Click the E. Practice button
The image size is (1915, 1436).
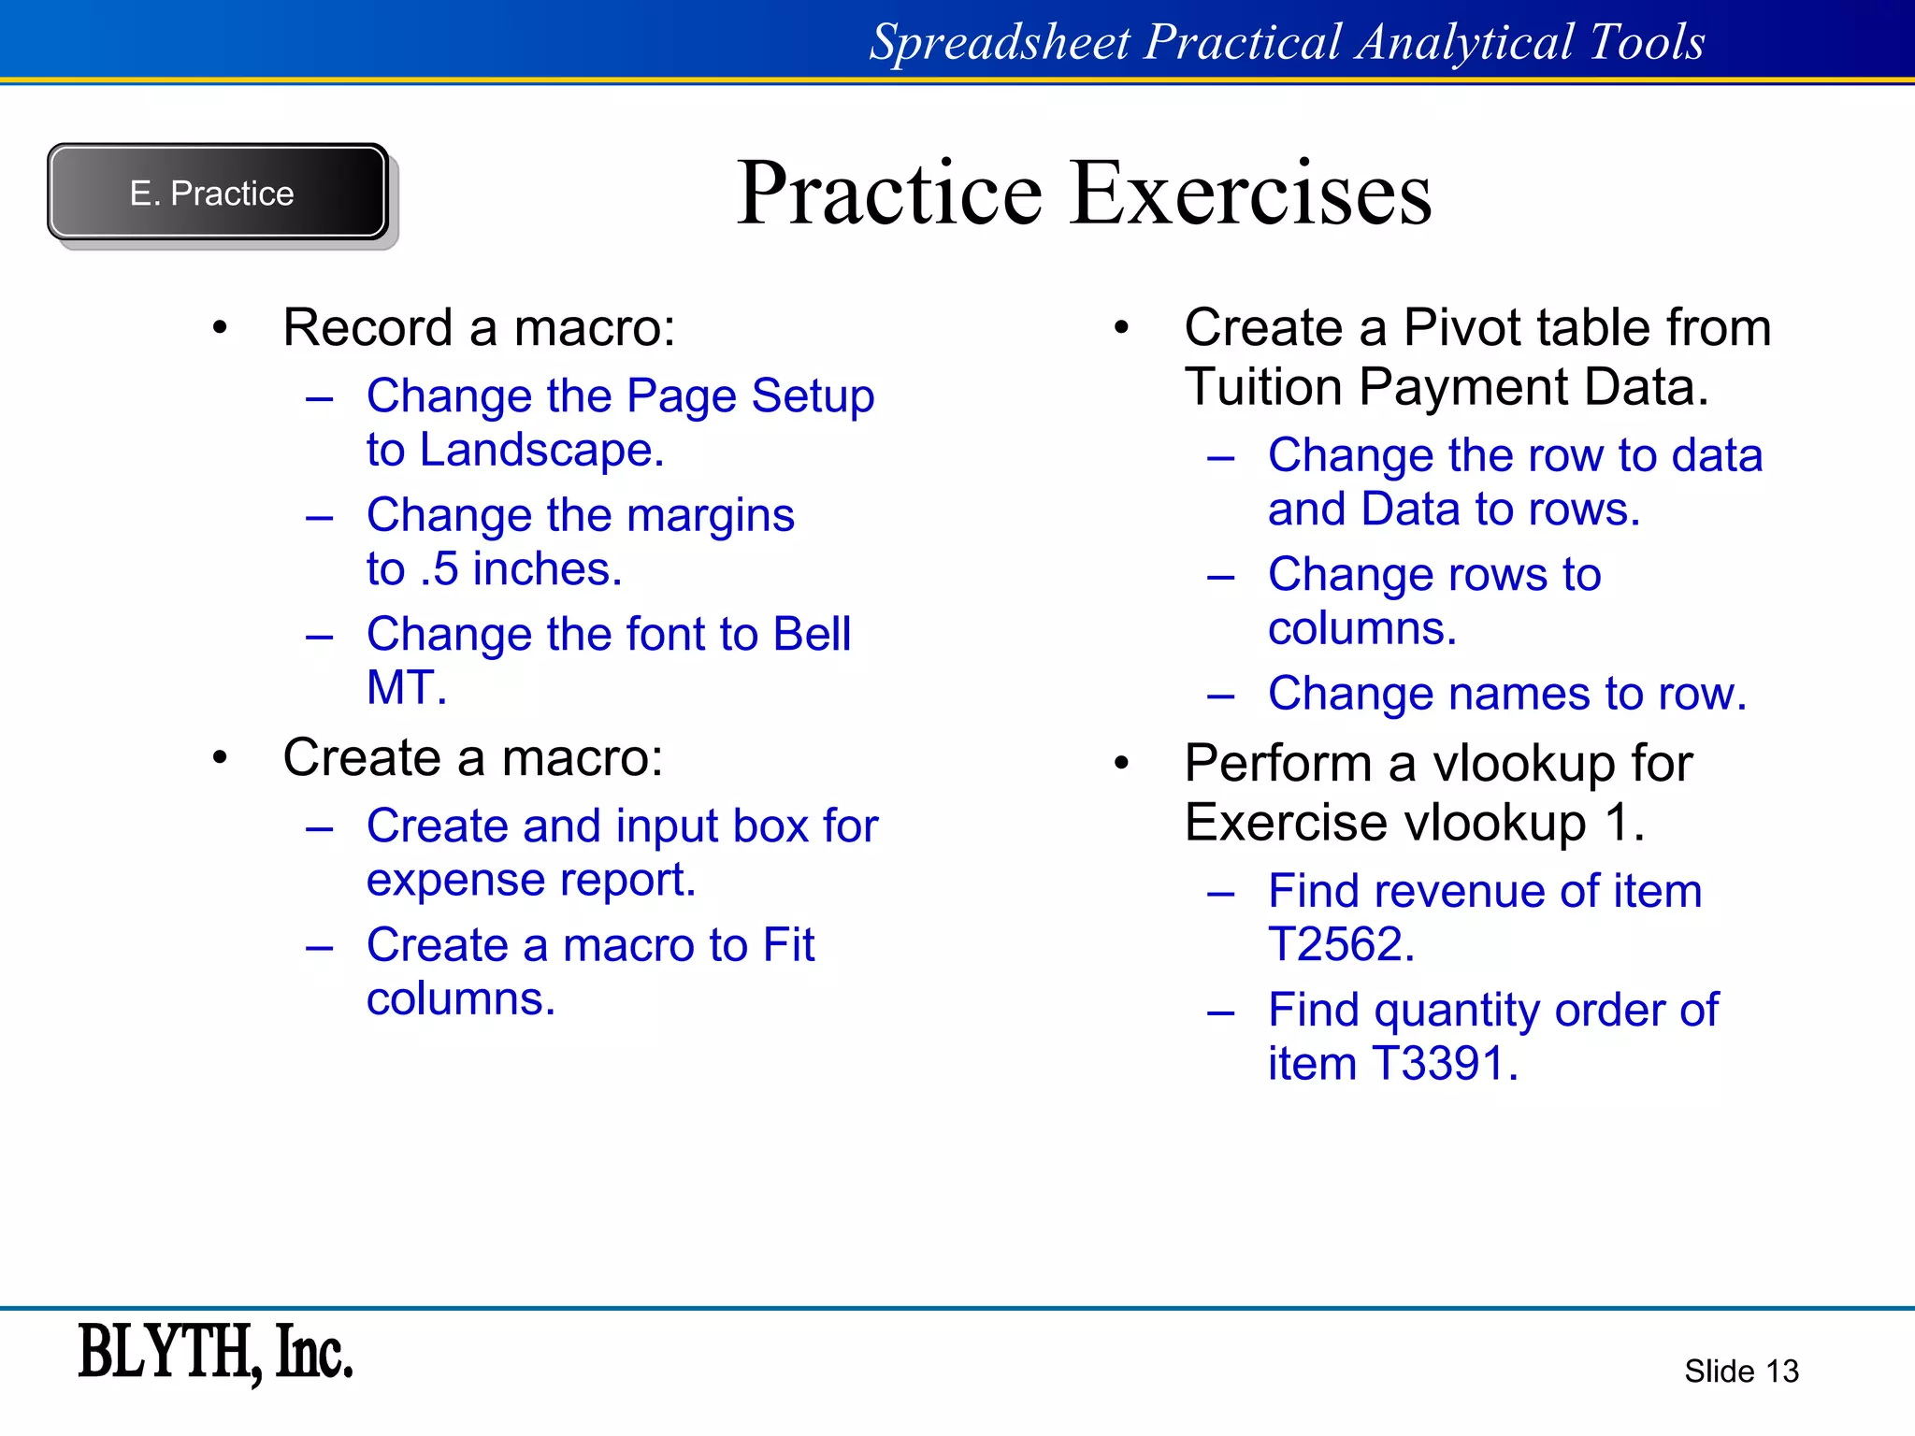click(x=217, y=193)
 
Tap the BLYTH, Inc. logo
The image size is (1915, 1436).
click(x=215, y=1352)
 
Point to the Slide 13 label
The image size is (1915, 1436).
click(x=1740, y=1371)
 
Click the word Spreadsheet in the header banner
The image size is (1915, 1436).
click(x=1000, y=43)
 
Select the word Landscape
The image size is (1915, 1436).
click(x=541, y=451)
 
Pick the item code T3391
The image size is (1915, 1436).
click(x=1444, y=1064)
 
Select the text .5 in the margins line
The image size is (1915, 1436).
click(x=439, y=569)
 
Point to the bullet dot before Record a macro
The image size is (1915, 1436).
click(x=220, y=328)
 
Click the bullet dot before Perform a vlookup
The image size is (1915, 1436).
click(x=1122, y=764)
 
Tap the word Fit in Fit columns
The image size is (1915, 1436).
click(x=788, y=945)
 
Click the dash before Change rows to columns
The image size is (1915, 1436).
click(x=1220, y=577)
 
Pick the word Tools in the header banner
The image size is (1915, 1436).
click(x=1647, y=43)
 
